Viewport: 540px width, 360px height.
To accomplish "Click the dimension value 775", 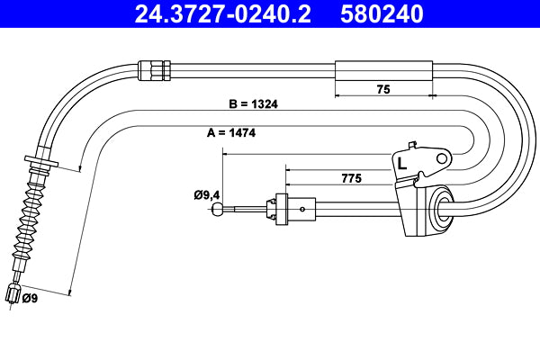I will point(352,178).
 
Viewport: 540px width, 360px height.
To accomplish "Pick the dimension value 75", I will point(382,89).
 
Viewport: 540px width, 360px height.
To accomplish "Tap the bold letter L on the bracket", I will point(402,164).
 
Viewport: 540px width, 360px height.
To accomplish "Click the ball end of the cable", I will point(218,211).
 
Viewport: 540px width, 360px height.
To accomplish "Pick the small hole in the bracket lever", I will point(441,159).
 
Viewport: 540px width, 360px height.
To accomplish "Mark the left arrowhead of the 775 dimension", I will point(287,168).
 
